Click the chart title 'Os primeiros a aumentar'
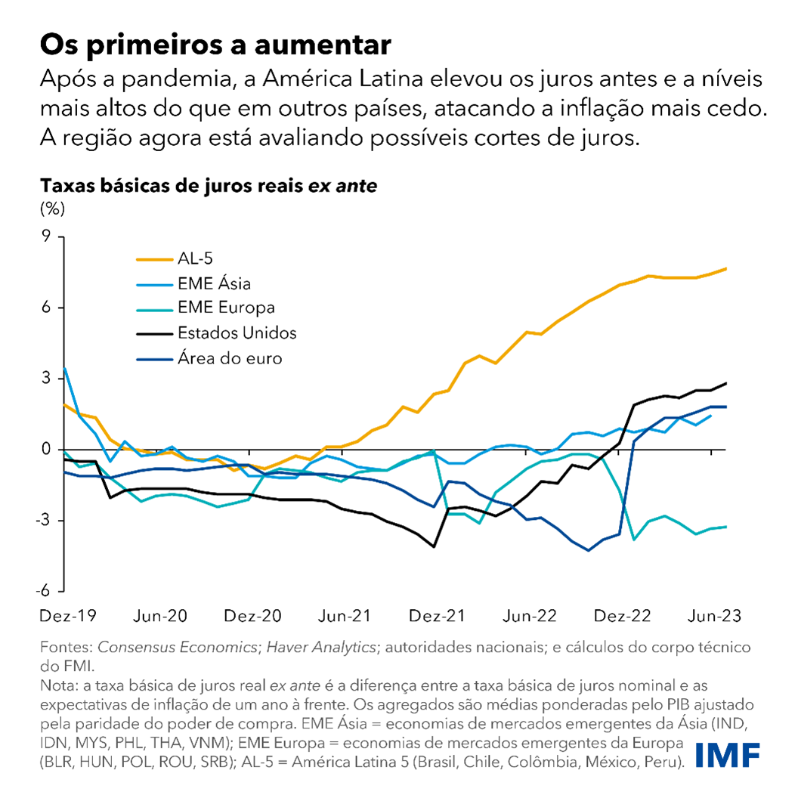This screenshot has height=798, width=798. (215, 45)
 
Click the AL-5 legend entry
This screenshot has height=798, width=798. (192, 259)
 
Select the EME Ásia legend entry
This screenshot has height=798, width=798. (214, 284)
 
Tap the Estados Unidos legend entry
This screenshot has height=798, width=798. (237, 332)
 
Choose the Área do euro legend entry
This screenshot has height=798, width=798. (229, 358)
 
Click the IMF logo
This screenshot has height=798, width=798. (727, 755)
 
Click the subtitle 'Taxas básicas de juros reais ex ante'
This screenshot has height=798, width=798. (208, 185)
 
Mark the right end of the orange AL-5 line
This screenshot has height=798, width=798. (726, 268)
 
